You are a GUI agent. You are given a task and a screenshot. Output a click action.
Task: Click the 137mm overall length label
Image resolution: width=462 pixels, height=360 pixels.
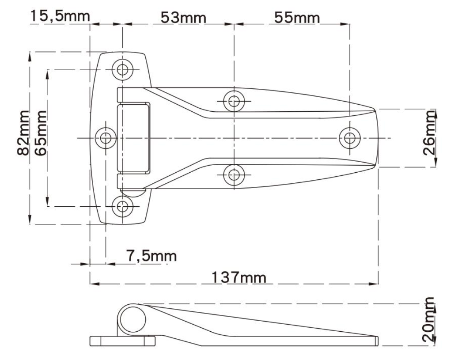239,277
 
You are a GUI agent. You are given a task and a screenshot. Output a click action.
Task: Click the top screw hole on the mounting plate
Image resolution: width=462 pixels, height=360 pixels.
123,69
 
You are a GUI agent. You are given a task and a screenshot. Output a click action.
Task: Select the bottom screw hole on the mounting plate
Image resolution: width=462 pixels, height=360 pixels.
123,206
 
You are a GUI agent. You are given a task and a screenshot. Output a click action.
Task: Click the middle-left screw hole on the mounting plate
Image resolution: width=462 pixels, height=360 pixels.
106,138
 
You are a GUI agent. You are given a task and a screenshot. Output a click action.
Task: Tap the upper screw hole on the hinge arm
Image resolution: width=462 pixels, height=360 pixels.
234,102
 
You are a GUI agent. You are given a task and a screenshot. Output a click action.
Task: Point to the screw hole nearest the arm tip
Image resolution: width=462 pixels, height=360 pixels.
350,138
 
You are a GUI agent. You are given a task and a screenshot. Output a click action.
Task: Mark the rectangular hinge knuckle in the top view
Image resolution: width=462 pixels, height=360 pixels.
133,137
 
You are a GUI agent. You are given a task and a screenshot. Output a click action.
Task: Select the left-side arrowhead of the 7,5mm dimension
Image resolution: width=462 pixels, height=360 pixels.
86,264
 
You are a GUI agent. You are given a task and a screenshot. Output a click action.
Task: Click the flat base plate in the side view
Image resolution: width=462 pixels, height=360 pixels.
122,341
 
